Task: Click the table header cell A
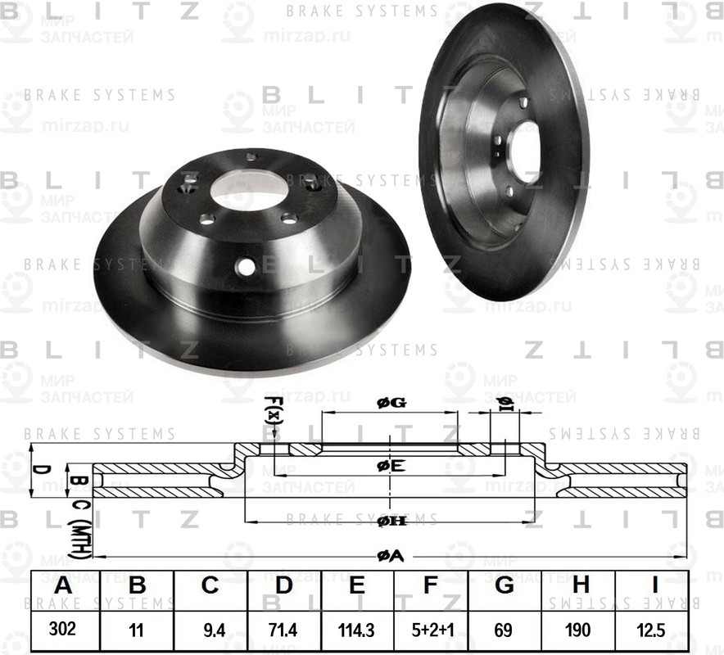63,586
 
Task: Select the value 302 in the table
63,631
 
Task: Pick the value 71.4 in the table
284,631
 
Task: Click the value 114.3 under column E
357,631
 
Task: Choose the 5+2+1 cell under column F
431,631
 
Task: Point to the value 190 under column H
579,631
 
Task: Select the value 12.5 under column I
653,631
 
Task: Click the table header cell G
505,586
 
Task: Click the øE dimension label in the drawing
390,466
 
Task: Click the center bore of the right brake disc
525,147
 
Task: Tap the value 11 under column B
137,631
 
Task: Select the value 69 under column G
505,631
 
